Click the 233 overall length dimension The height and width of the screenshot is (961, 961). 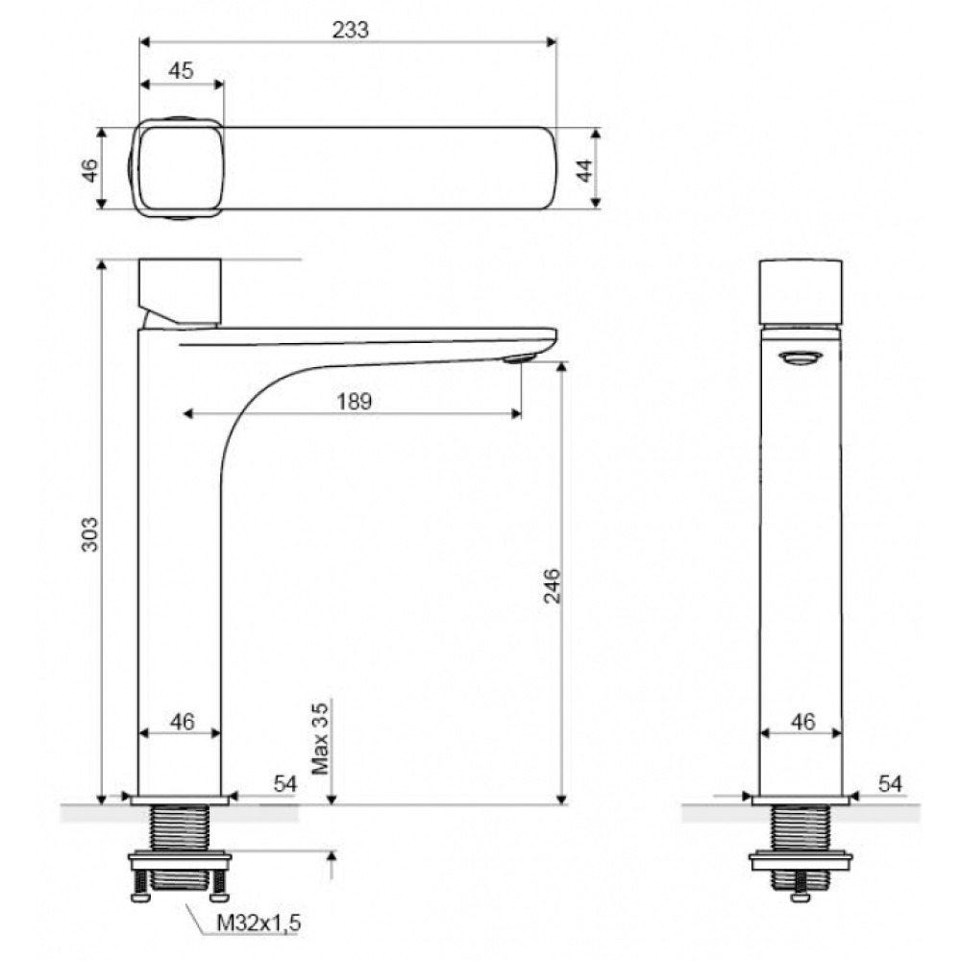[x=351, y=30]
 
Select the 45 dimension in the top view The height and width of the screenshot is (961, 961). [x=181, y=70]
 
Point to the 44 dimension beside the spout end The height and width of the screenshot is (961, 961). [x=585, y=170]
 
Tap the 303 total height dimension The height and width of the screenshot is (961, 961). [x=89, y=533]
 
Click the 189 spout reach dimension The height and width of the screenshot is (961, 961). [x=355, y=402]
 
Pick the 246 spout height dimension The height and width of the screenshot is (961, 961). [x=553, y=585]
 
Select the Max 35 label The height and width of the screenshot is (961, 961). [x=320, y=738]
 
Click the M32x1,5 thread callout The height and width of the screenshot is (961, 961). [x=259, y=923]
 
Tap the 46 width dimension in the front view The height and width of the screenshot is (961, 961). [x=182, y=722]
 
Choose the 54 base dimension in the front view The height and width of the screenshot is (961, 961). [x=285, y=783]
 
